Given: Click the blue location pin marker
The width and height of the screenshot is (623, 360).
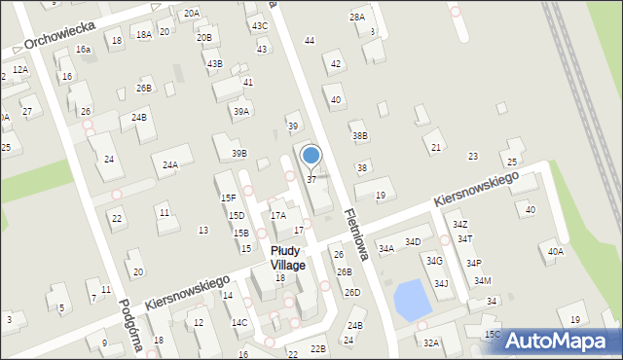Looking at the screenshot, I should point(311,156).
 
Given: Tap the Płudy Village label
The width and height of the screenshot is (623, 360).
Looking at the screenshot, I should point(288,258).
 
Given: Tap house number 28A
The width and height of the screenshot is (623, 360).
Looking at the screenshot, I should point(357,17).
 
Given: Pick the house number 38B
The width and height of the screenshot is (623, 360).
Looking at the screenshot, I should point(360,136).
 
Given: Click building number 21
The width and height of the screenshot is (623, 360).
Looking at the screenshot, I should point(435,147).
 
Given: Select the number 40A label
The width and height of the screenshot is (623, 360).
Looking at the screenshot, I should point(555,252).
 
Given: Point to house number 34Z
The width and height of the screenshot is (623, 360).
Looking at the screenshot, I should point(459,225).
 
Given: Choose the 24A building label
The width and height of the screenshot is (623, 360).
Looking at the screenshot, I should point(170,165).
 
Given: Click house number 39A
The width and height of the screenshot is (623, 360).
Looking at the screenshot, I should point(240,112).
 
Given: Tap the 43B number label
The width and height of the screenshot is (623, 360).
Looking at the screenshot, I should point(214,64).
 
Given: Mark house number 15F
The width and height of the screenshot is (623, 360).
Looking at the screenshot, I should point(228,198).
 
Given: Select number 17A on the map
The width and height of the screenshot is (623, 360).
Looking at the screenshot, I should point(278,215).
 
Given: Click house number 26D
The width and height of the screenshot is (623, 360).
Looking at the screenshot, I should point(351,292).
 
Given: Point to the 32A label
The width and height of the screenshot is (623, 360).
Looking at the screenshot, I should point(430,342).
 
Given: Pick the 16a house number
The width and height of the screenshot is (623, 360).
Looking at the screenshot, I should point(84,49).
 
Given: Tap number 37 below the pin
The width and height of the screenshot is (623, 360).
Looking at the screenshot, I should point(311,180).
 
